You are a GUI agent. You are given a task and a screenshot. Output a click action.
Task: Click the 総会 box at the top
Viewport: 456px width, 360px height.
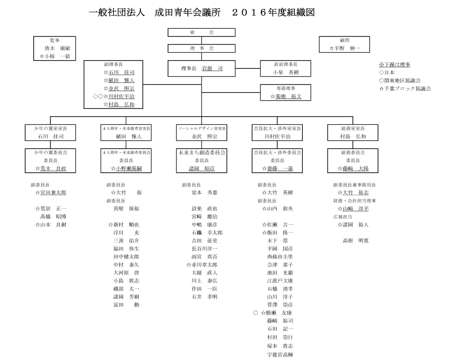point(202,32)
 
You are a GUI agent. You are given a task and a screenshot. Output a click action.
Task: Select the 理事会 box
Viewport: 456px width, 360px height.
point(202,48)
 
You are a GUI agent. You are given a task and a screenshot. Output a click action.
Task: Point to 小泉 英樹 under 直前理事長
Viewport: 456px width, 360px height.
point(285,72)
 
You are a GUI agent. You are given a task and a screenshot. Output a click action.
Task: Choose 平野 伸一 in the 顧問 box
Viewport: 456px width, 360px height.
point(346,48)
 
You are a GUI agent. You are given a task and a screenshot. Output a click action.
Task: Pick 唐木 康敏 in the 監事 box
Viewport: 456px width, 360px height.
point(57,48)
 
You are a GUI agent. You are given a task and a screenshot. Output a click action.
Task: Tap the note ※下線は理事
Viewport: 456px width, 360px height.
point(394,65)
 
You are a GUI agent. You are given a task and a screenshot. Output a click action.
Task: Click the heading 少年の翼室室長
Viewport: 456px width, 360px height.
point(51,129)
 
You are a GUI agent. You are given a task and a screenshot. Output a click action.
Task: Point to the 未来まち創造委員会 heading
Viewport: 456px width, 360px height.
point(202,153)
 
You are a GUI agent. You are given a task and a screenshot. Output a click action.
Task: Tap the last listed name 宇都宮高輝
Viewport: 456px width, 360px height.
point(280,354)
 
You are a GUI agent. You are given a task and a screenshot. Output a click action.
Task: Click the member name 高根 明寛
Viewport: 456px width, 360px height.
point(355,241)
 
